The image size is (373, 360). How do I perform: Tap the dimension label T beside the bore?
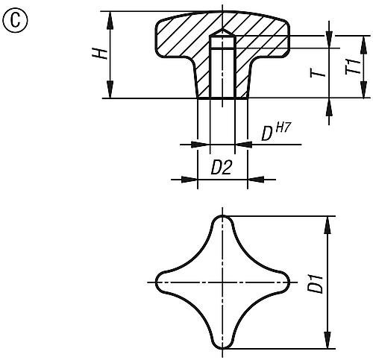316,72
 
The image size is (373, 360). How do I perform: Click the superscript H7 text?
282,128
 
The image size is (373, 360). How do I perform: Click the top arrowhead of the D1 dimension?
327,221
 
